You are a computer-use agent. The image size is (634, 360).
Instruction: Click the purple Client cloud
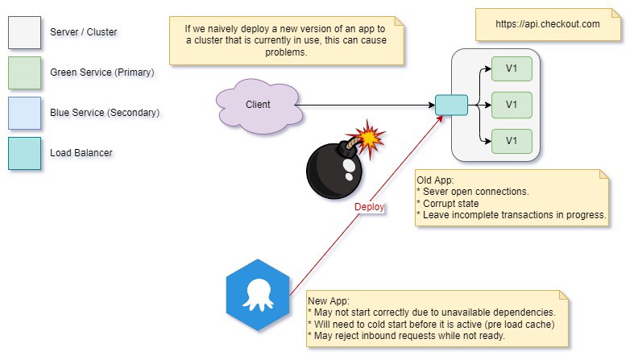click(257, 105)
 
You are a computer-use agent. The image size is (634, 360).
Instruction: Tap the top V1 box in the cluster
click(511, 68)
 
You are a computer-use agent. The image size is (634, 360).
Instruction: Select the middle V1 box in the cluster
click(511, 104)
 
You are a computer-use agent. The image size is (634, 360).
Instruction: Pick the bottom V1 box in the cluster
click(511, 140)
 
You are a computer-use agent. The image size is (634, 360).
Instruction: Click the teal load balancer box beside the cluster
click(451, 105)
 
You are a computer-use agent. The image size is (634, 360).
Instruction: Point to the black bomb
click(334, 171)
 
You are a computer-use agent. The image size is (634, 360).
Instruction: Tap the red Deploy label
click(371, 206)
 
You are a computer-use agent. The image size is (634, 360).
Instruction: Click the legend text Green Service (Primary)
click(102, 72)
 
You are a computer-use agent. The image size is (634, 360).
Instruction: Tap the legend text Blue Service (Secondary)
click(105, 113)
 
